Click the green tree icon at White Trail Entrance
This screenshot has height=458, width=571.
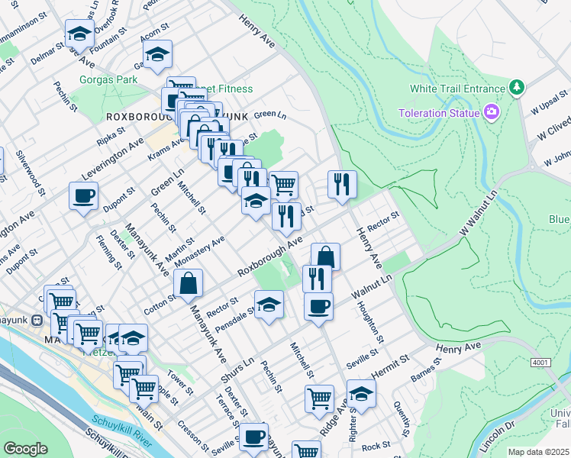[x=517, y=87]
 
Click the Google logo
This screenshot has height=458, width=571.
[x=25, y=449]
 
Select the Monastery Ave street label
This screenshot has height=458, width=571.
[x=199, y=252]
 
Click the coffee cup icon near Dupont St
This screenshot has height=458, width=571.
[x=84, y=196]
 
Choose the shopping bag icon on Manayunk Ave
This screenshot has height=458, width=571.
[x=189, y=284]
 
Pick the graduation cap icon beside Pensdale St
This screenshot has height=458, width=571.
[x=269, y=305]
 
